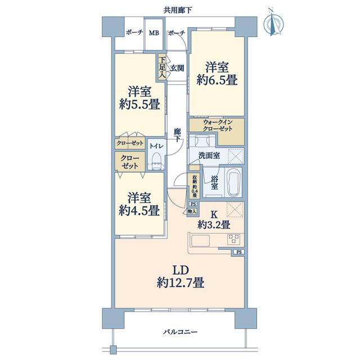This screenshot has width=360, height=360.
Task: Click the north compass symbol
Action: click(273, 22)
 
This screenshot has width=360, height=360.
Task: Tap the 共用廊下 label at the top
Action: click(178, 10)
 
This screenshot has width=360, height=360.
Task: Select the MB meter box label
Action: click(154, 33)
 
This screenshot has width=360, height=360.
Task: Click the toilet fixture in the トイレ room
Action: click(157, 159)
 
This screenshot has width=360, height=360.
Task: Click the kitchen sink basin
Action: click(201, 241)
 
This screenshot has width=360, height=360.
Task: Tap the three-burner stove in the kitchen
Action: click(234, 238)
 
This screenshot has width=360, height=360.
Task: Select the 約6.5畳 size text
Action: click(217, 80)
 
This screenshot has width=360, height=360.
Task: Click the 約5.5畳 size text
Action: click(139, 105)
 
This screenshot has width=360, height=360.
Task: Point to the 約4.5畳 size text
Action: click(139, 210)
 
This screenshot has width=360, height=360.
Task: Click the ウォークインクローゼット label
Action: click(218, 125)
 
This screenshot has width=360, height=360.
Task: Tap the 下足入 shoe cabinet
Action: click(163, 67)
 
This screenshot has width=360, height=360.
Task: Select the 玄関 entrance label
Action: click(177, 68)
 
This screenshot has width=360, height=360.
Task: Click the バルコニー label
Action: click(181, 332)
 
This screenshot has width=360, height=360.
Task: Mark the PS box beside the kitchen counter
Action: click(239, 252)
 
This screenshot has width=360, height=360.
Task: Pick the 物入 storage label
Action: click(192, 211)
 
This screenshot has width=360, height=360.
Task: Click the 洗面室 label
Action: click(209, 156)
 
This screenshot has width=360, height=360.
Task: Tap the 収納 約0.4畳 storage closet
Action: click(195, 186)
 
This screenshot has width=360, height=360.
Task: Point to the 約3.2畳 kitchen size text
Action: click(214, 225)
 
